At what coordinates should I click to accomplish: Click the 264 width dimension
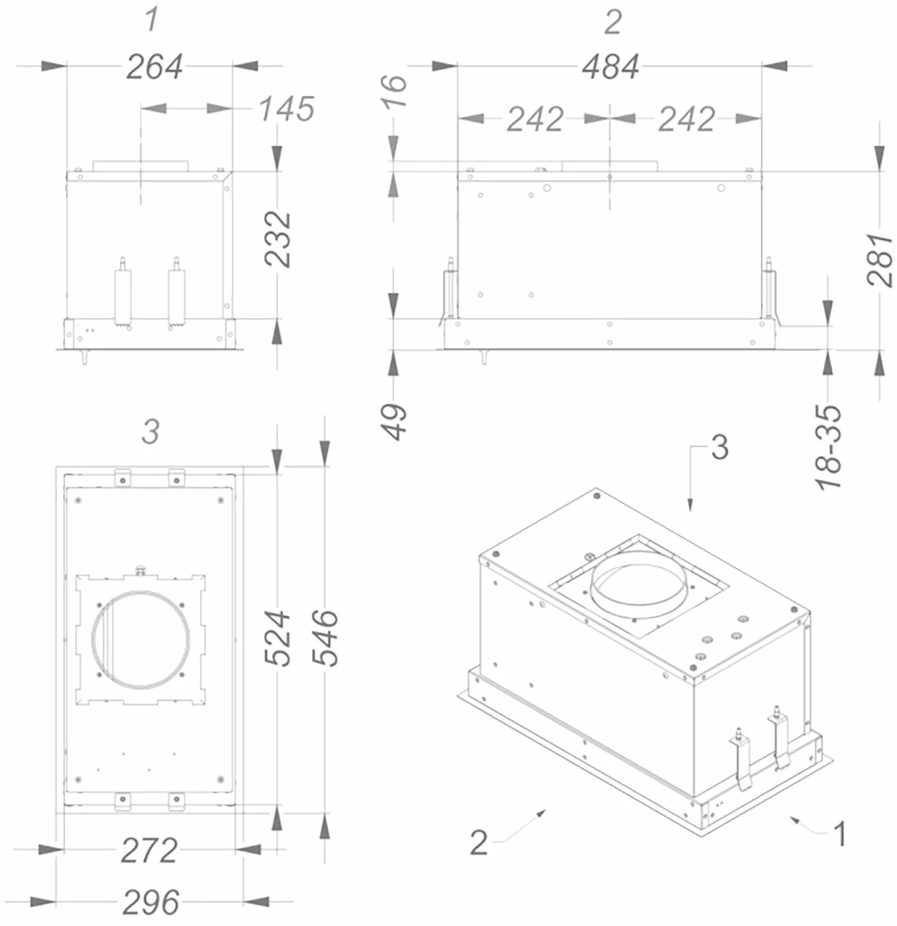click(155, 67)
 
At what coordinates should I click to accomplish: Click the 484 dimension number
click(611, 67)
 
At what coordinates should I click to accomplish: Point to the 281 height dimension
click(879, 260)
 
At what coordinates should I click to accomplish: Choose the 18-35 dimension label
click(829, 447)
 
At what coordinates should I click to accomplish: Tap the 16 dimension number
click(394, 91)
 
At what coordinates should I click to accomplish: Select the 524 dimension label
click(277, 638)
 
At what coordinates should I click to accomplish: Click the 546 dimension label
click(325, 638)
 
